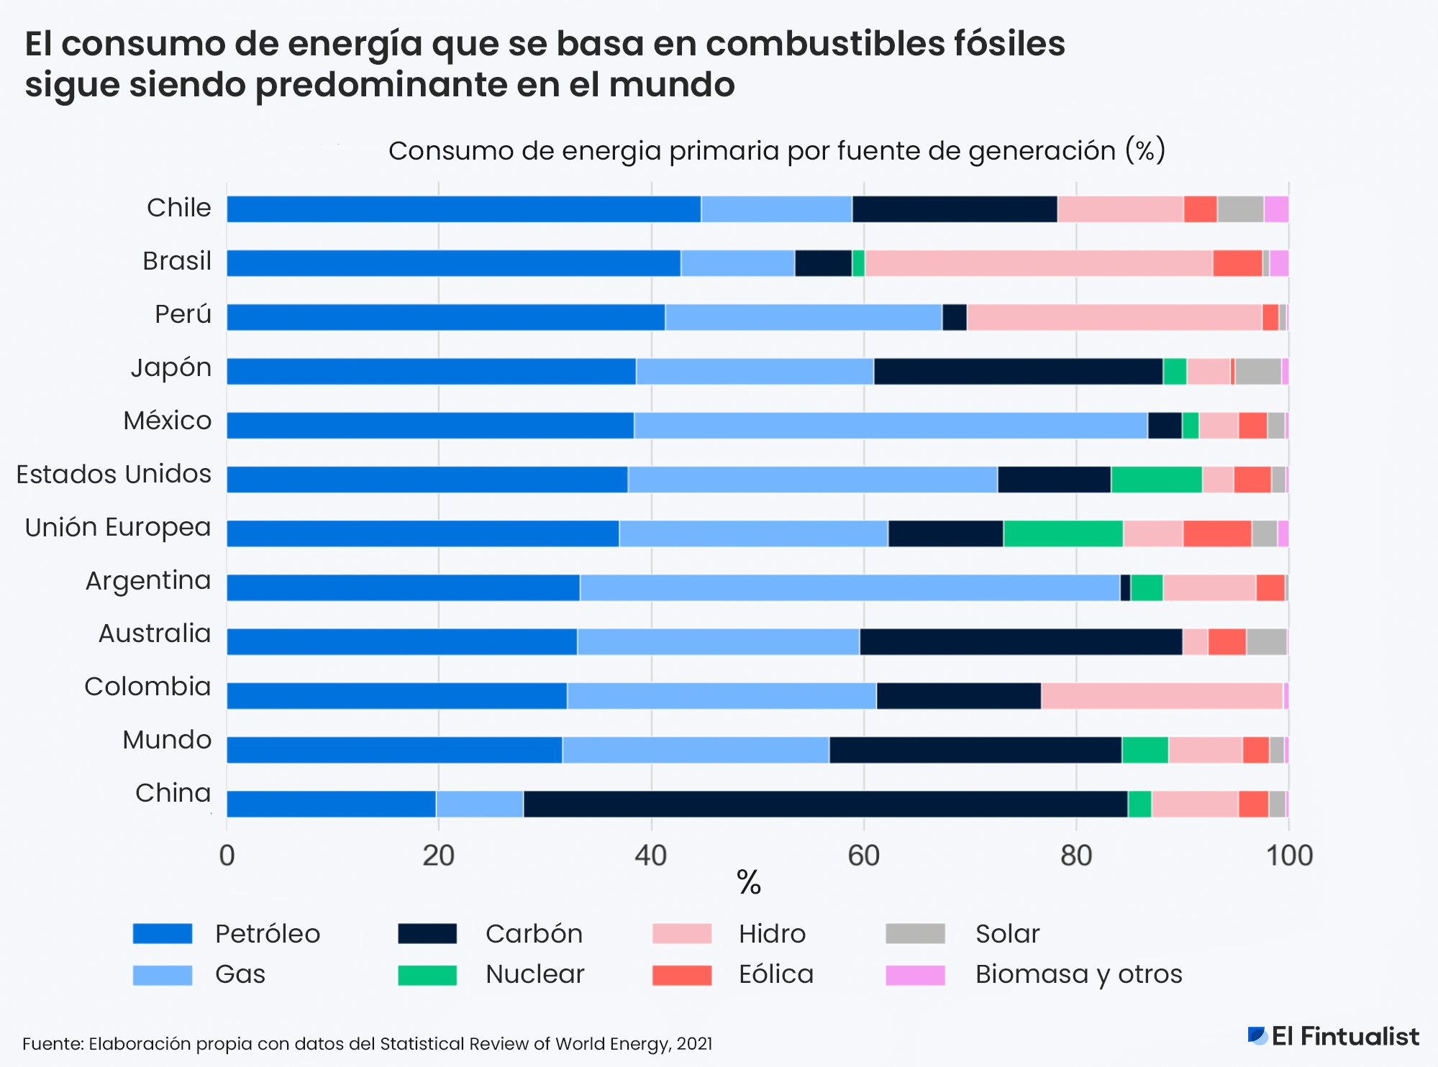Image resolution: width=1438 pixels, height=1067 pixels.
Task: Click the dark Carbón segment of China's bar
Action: (825, 804)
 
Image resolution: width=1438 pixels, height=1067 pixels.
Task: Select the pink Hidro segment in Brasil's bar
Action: (1038, 263)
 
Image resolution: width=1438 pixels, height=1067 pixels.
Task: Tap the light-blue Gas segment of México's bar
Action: (891, 425)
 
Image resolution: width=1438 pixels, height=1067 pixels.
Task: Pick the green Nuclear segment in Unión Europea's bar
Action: (1062, 533)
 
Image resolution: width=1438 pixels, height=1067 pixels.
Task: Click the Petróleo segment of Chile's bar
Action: (463, 209)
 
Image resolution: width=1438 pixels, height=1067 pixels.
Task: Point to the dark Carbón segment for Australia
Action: (1020, 641)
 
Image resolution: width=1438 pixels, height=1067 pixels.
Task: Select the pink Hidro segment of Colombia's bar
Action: (1161, 696)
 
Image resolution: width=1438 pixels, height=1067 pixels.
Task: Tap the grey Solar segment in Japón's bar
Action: (1257, 371)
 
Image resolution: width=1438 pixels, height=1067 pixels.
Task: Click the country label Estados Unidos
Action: (114, 475)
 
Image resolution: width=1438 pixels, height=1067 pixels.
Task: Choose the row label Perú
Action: (183, 314)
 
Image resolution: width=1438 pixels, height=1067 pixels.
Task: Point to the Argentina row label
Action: (148, 580)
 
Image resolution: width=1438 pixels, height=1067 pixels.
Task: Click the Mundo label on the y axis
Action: (167, 740)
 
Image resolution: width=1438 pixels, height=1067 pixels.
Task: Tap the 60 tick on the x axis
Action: (863, 856)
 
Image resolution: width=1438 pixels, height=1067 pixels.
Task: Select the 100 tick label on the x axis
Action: (1288, 856)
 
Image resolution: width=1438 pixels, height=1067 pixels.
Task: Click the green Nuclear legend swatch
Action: (427, 975)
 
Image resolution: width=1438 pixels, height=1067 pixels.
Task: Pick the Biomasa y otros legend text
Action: (1078, 974)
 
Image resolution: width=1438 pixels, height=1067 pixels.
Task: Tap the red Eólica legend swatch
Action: (681, 975)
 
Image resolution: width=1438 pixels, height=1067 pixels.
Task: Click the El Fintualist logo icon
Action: (1257, 1035)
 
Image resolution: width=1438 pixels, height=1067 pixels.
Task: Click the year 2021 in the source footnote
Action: (694, 1044)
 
